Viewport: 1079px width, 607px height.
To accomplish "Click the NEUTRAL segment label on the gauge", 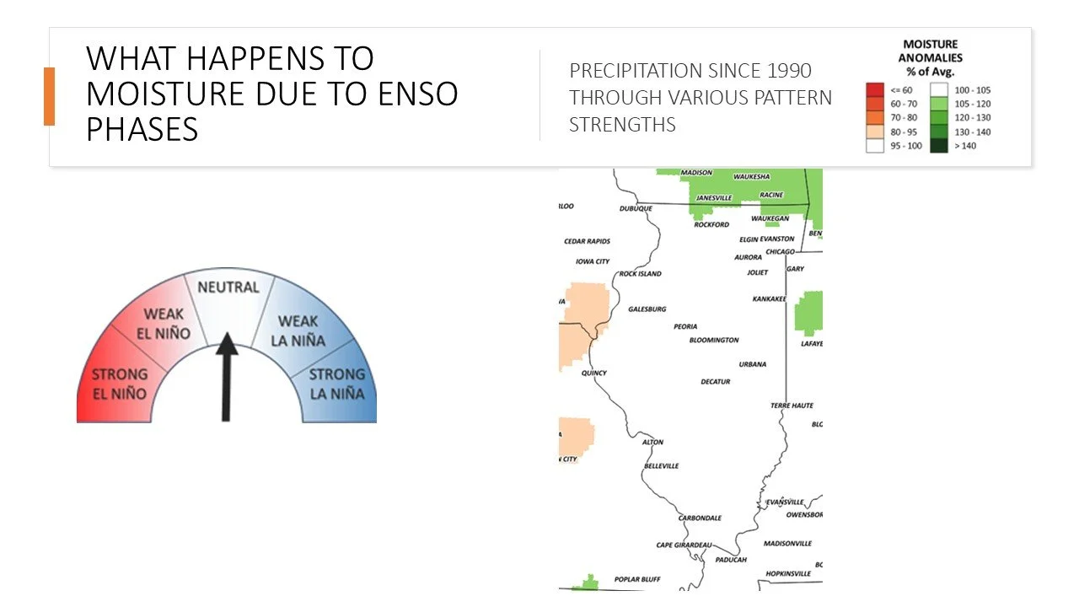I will pyautogui.click(x=228, y=287).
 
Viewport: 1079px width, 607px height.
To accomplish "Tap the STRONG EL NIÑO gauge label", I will pyautogui.click(x=119, y=384).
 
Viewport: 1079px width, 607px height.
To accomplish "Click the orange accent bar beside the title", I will pyautogui.click(x=49, y=96).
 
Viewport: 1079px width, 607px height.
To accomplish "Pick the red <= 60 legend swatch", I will pyautogui.click(x=874, y=89).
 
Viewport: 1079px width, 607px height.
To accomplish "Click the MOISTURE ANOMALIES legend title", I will pyautogui.click(x=930, y=57).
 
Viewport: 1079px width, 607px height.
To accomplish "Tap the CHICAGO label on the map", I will pyautogui.click(x=780, y=251).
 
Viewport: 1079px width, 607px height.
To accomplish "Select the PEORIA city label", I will pyautogui.click(x=685, y=326).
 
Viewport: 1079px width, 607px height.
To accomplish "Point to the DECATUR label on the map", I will pyautogui.click(x=715, y=382).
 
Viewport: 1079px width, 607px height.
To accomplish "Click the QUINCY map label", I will pyautogui.click(x=593, y=373).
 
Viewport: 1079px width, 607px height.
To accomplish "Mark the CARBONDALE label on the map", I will pyautogui.click(x=701, y=518).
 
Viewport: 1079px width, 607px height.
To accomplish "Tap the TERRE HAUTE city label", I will pyautogui.click(x=792, y=406).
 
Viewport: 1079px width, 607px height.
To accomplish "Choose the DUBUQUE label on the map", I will pyautogui.click(x=636, y=208).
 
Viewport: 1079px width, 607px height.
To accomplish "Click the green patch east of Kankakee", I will pyautogui.click(x=808, y=312).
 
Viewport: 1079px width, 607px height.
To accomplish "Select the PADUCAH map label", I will pyautogui.click(x=730, y=560).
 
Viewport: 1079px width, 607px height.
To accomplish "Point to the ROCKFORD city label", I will pyautogui.click(x=711, y=225).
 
